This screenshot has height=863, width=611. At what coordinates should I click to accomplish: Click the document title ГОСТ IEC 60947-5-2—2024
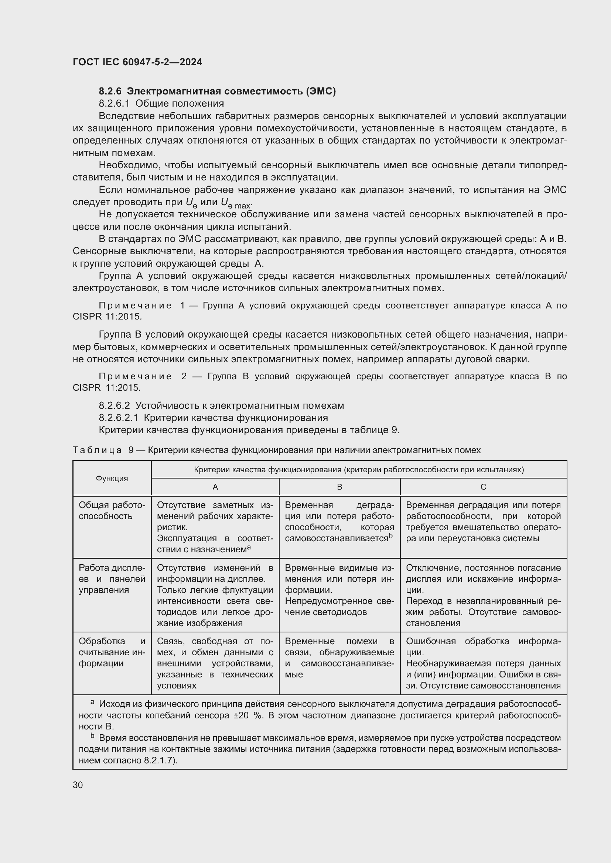137,62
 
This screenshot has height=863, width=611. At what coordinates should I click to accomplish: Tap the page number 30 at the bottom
78,785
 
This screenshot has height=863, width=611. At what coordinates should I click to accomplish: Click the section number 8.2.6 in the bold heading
111,92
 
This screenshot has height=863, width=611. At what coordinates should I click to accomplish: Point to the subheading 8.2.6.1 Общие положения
161,104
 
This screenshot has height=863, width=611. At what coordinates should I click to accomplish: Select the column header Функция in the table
112,479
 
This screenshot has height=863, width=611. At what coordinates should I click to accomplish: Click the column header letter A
215,487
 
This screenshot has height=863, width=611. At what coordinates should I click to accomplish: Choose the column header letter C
483,487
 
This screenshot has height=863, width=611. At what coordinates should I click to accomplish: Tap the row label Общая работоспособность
112,511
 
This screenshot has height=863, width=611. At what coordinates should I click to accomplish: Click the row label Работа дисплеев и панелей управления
112,579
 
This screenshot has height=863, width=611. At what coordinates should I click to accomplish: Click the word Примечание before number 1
135,305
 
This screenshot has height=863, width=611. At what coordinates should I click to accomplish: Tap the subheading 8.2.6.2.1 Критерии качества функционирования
213,418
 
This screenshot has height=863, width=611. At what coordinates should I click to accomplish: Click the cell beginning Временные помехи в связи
339,658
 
